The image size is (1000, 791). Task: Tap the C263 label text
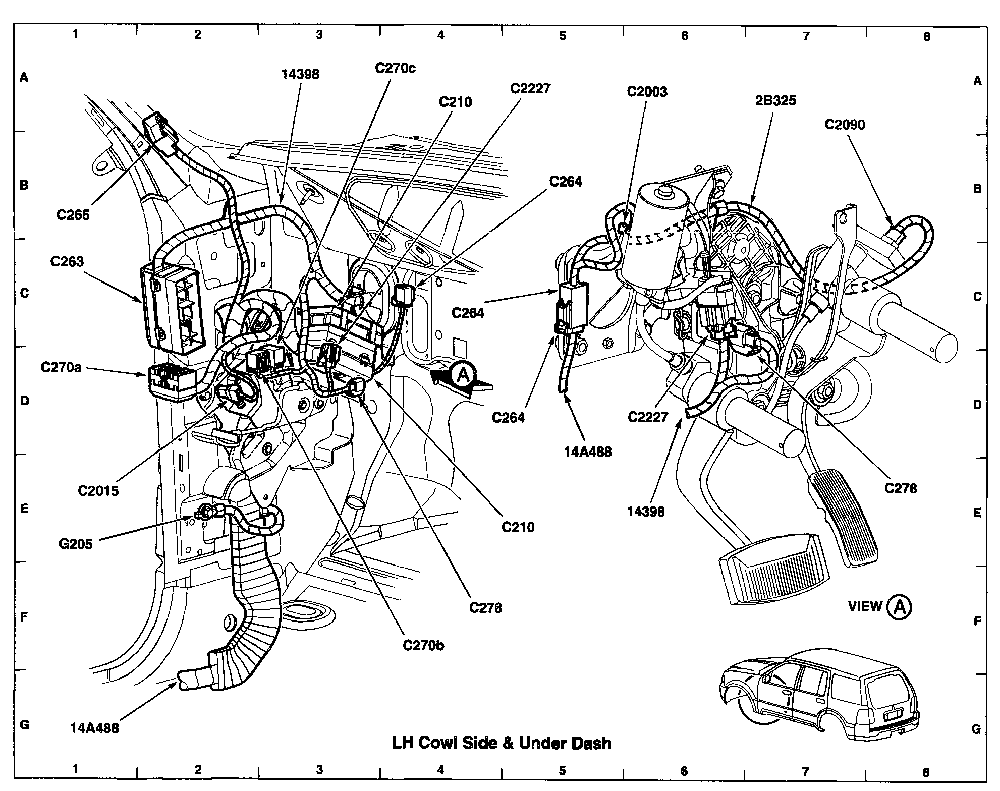coord(67,261)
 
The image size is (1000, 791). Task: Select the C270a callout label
coord(61,367)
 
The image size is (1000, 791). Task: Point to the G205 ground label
coord(76,544)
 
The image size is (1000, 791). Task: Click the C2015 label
coord(98,490)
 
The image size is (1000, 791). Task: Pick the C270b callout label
coord(423,645)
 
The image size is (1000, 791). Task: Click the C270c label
coord(395,68)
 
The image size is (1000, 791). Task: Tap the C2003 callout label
coord(647,91)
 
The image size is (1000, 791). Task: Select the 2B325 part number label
coord(775,100)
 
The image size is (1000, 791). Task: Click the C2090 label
coord(845,124)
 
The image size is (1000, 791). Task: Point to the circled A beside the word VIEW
coord(900,607)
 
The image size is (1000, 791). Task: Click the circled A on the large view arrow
coord(463,374)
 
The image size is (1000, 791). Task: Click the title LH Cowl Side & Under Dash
coord(502,743)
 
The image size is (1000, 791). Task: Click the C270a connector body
coord(170,381)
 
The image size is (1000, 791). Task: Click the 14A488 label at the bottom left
coord(94,728)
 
